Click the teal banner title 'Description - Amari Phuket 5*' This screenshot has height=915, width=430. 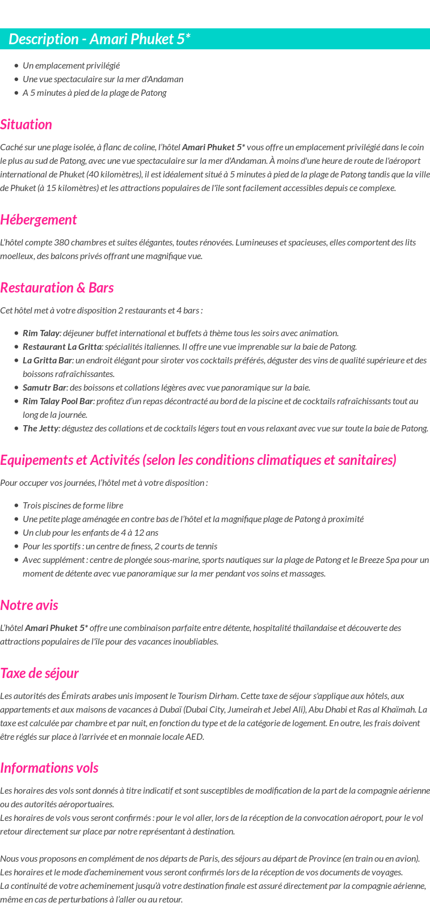[100, 39]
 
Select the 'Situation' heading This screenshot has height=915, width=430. [26, 125]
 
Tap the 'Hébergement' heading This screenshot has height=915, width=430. [39, 220]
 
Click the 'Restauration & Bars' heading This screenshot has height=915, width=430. [57, 288]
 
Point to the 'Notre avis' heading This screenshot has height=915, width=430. [29, 605]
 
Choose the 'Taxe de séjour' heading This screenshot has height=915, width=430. [39, 673]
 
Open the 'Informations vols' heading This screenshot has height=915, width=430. [49, 768]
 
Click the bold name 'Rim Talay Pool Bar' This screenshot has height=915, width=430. [58, 401]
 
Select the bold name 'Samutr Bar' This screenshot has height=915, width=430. [44, 388]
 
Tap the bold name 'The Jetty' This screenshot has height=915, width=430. [40, 429]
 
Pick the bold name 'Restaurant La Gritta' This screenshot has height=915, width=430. [62, 347]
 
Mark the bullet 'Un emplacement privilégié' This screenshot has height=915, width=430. [71, 66]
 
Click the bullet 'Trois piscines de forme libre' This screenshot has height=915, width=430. [73, 506]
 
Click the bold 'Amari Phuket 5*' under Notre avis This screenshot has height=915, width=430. [56, 628]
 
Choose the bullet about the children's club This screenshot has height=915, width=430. [90, 533]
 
